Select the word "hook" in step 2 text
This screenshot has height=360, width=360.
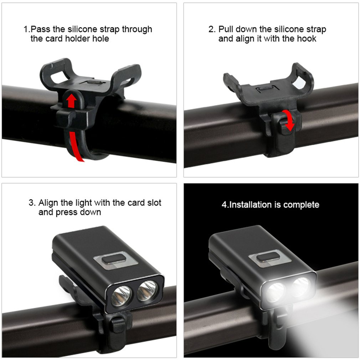(x=307, y=38)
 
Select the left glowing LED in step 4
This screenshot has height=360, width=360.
(x=276, y=292)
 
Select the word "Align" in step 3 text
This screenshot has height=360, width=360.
(x=48, y=203)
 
